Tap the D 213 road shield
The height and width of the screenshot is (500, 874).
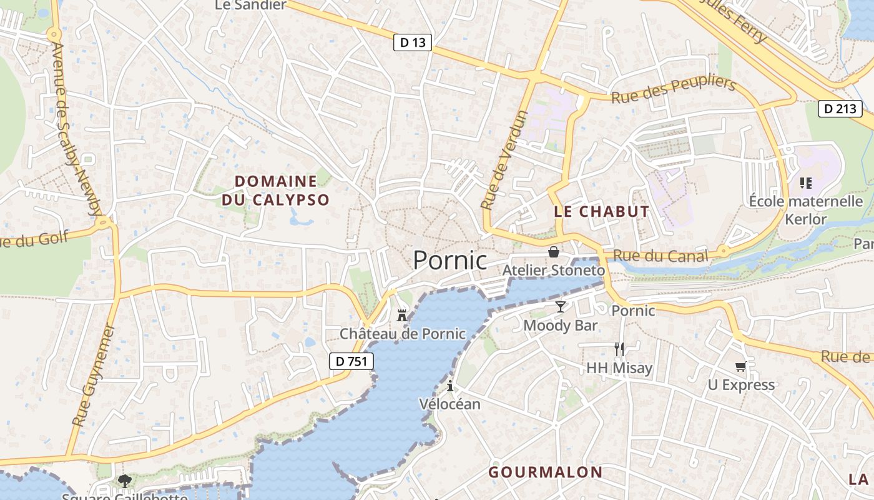pos(840,109)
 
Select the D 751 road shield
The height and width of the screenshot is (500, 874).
pos(351,361)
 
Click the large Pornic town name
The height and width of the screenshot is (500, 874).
pos(450,260)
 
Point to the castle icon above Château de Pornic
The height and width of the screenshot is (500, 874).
pos(402,316)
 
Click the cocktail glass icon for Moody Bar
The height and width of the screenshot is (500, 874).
pos(561,306)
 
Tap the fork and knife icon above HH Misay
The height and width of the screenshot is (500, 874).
pos(619,349)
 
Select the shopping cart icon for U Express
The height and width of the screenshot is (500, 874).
pos(741,366)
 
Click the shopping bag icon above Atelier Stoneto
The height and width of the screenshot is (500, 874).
pos(553,252)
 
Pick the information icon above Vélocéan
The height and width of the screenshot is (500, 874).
pos(449,386)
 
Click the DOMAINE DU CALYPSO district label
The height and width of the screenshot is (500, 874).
pos(275,191)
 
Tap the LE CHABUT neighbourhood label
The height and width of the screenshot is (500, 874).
pos(602,211)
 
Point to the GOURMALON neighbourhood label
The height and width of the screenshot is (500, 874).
pos(546,472)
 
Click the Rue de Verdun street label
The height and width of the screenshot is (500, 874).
pos(504,159)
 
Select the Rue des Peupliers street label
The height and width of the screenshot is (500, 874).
pos(674,91)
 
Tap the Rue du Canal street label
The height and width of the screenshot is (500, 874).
pos(660,256)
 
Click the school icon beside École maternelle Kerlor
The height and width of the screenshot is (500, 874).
pos(805,183)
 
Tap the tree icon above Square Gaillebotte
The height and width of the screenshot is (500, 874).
pos(125,481)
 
